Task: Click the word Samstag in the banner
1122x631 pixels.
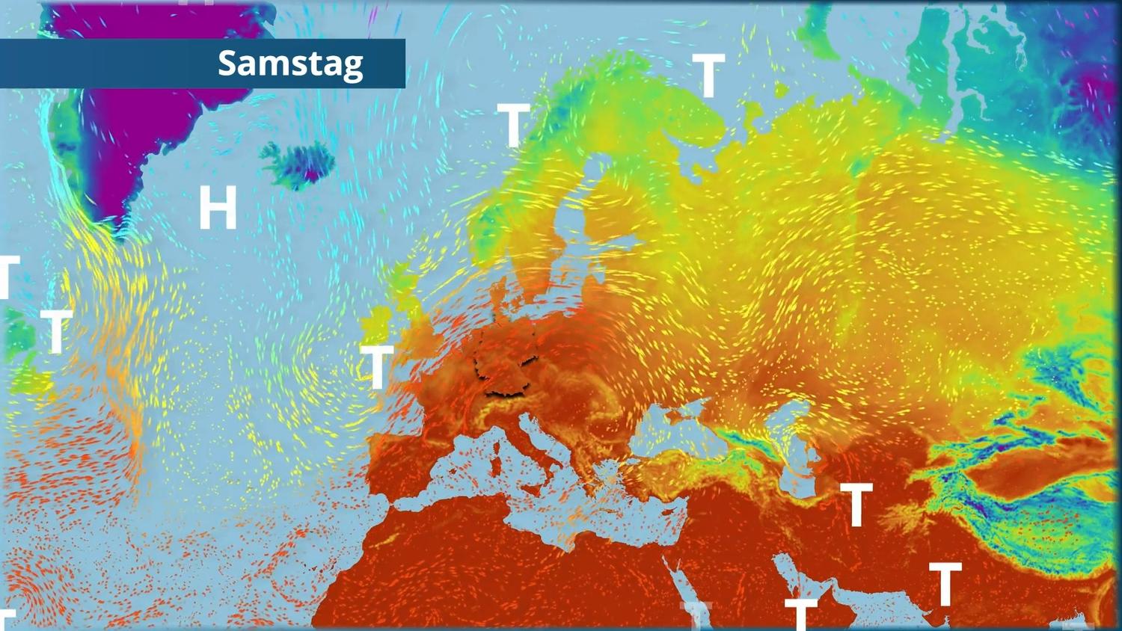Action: coord(290,64)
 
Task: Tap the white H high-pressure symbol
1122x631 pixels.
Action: coord(218,208)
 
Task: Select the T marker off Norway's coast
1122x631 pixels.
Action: coord(513,125)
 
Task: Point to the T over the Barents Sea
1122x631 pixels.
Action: coord(708,76)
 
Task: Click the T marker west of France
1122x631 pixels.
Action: coord(377,367)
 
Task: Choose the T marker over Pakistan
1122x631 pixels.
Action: coord(945,584)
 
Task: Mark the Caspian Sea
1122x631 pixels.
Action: coord(796,449)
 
